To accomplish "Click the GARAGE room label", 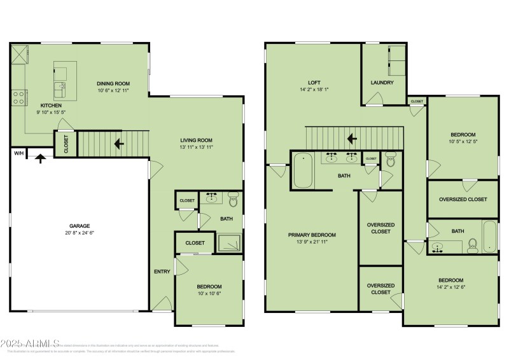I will [x=80, y=226].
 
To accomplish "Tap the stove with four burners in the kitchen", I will [x=18, y=97].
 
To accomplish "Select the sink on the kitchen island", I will [x=61, y=88].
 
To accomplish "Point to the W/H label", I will [x=18, y=153].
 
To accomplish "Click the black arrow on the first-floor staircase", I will [x=118, y=144].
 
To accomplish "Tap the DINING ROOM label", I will [x=113, y=83].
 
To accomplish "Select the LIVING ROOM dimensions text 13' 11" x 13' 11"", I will [x=195, y=148].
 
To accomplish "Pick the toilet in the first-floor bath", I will [x=233, y=202].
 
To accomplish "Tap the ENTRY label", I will [x=162, y=272].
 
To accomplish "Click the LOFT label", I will [x=314, y=83].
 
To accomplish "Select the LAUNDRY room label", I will [x=382, y=83].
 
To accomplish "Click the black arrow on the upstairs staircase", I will [x=351, y=138].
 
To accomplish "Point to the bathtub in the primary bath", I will [x=302, y=170].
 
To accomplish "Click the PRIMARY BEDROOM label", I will [x=312, y=235].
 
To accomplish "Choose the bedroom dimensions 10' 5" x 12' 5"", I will [x=463, y=142].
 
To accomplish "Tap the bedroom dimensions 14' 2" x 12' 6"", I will [x=450, y=287].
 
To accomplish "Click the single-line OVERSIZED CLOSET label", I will [x=463, y=199].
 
